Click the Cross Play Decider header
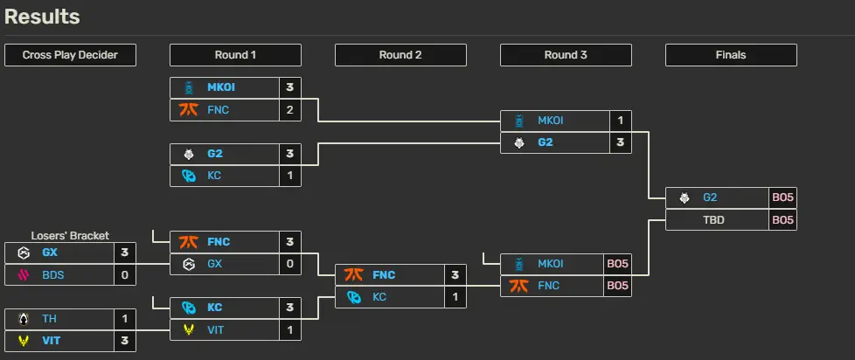(70, 55)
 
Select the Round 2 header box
(400, 55)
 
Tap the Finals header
(731, 55)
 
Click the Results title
(42, 17)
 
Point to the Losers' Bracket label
(70, 236)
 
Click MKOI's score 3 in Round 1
(290, 87)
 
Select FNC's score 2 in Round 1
(290, 110)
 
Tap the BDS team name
(53, 275)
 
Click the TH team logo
(24, 319)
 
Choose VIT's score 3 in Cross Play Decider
(125, 341)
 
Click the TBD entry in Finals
(713, 220)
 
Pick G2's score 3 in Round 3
(621, 142)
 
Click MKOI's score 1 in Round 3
(621, 121)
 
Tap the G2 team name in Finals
(709, 197)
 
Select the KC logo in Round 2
(354, 297)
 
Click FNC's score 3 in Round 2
(455, 275)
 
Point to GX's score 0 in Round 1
(290, 264)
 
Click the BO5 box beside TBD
(783, 220)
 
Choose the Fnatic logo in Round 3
(518, 286)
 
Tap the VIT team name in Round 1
(215, 330)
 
